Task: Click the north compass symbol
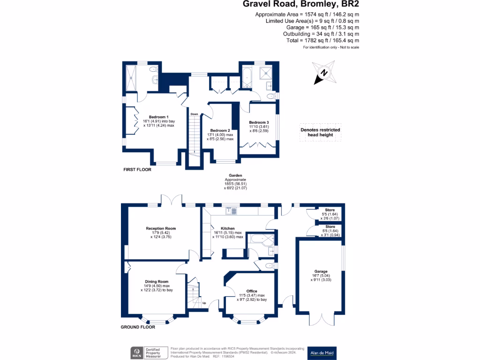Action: tap(324, 73)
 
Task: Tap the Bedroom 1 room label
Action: tap(158, 117)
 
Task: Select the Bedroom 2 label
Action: tap(219, 130)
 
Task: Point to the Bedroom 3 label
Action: tap(259, 122)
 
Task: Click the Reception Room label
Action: tap(160, 229)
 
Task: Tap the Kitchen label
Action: tap(227, 229)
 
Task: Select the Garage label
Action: tap(321, 271)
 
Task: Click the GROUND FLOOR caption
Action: tap(138, 327)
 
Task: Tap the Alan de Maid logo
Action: tap(323, 352)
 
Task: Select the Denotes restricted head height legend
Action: tap(320, 132)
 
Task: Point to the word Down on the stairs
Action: tap(194, 114)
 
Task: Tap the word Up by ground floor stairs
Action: tap(204, 303)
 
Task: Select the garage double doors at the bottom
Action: tap(321, 318)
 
